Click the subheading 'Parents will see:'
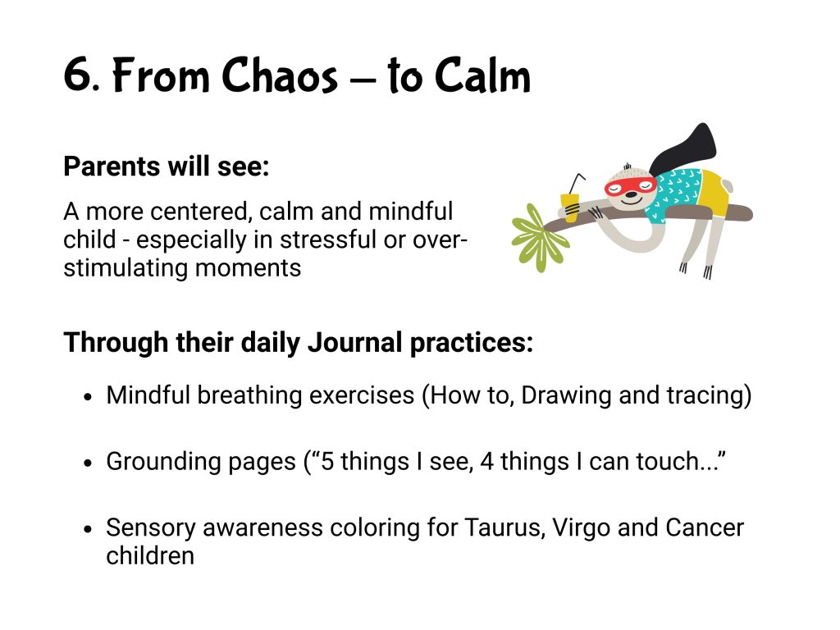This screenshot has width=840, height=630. pos(166,166)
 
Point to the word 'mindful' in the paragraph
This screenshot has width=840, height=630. pos(410,211)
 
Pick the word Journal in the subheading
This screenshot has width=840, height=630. pos(354,343)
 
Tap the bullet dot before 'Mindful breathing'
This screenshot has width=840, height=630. pos(89,398)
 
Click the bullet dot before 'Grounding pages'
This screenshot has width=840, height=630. pos(89,463)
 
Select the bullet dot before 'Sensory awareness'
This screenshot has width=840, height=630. pos(89,529)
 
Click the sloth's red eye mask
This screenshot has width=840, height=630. pos(631,186)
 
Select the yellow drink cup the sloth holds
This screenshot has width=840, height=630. pos(570,207)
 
